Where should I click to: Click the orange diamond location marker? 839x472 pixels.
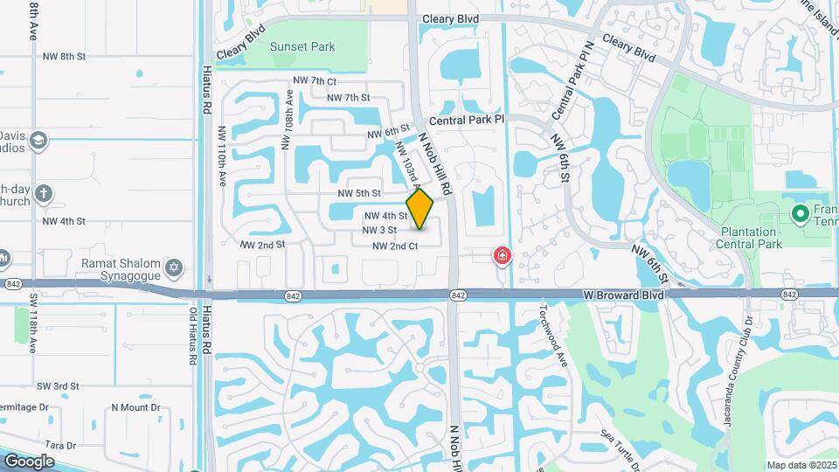click(420, 208)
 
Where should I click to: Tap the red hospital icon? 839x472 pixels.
click(503, 255)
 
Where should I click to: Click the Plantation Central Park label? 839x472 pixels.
click(736, 238)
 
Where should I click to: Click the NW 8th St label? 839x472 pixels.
click(64, 56)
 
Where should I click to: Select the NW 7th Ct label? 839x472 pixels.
click(315, 80)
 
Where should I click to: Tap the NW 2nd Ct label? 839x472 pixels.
click(395, 246)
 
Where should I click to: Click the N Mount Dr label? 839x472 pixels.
click(136, 407)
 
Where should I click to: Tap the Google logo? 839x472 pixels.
click(29, 462)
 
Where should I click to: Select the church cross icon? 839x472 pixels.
click(44, 193)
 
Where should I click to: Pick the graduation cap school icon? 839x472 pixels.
click(38, 141)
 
